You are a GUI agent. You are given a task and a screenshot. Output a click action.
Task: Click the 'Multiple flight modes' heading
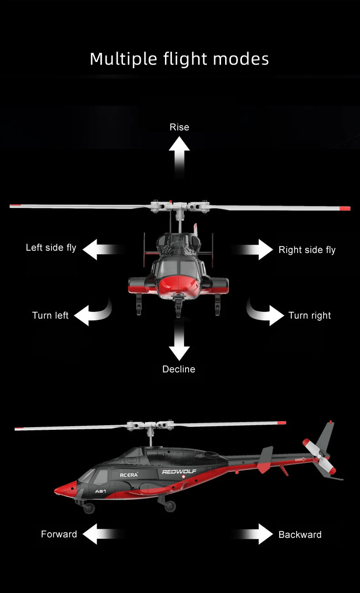click(179, 59)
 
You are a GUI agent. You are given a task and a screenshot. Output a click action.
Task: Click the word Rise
click(179, 127)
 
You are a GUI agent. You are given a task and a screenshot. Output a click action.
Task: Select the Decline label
click(179, 369)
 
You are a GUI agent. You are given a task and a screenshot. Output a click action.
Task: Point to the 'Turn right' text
click(310, 315)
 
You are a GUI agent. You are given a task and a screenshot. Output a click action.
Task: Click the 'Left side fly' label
click(51, 248)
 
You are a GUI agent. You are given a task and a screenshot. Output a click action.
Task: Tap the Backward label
click(300, 535)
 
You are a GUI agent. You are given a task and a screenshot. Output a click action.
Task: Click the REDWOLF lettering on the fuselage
click(179, 471)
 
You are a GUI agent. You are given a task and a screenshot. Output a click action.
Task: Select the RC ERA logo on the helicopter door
click(129, 475)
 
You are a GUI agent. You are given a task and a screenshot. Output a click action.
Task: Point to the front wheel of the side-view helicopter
click(89, 508)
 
